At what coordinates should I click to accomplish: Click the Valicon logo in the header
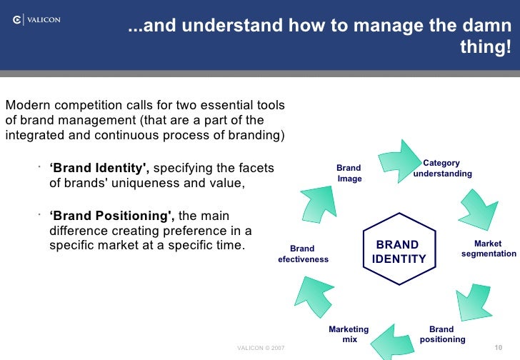click(36, 21)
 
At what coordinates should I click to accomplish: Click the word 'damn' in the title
click(491, 27)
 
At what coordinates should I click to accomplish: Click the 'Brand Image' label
click(349, 173)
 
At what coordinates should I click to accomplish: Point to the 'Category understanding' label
click(442, 169)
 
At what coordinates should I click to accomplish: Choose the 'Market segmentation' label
click(489, 249)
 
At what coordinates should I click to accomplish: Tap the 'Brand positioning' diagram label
click(442, 334)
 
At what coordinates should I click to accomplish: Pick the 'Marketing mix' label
click(349, 334)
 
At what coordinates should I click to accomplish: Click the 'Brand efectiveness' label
click(303, 254)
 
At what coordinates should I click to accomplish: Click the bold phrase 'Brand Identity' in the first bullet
click(99, 169)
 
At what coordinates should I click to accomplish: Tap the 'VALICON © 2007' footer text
click(260, 349)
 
